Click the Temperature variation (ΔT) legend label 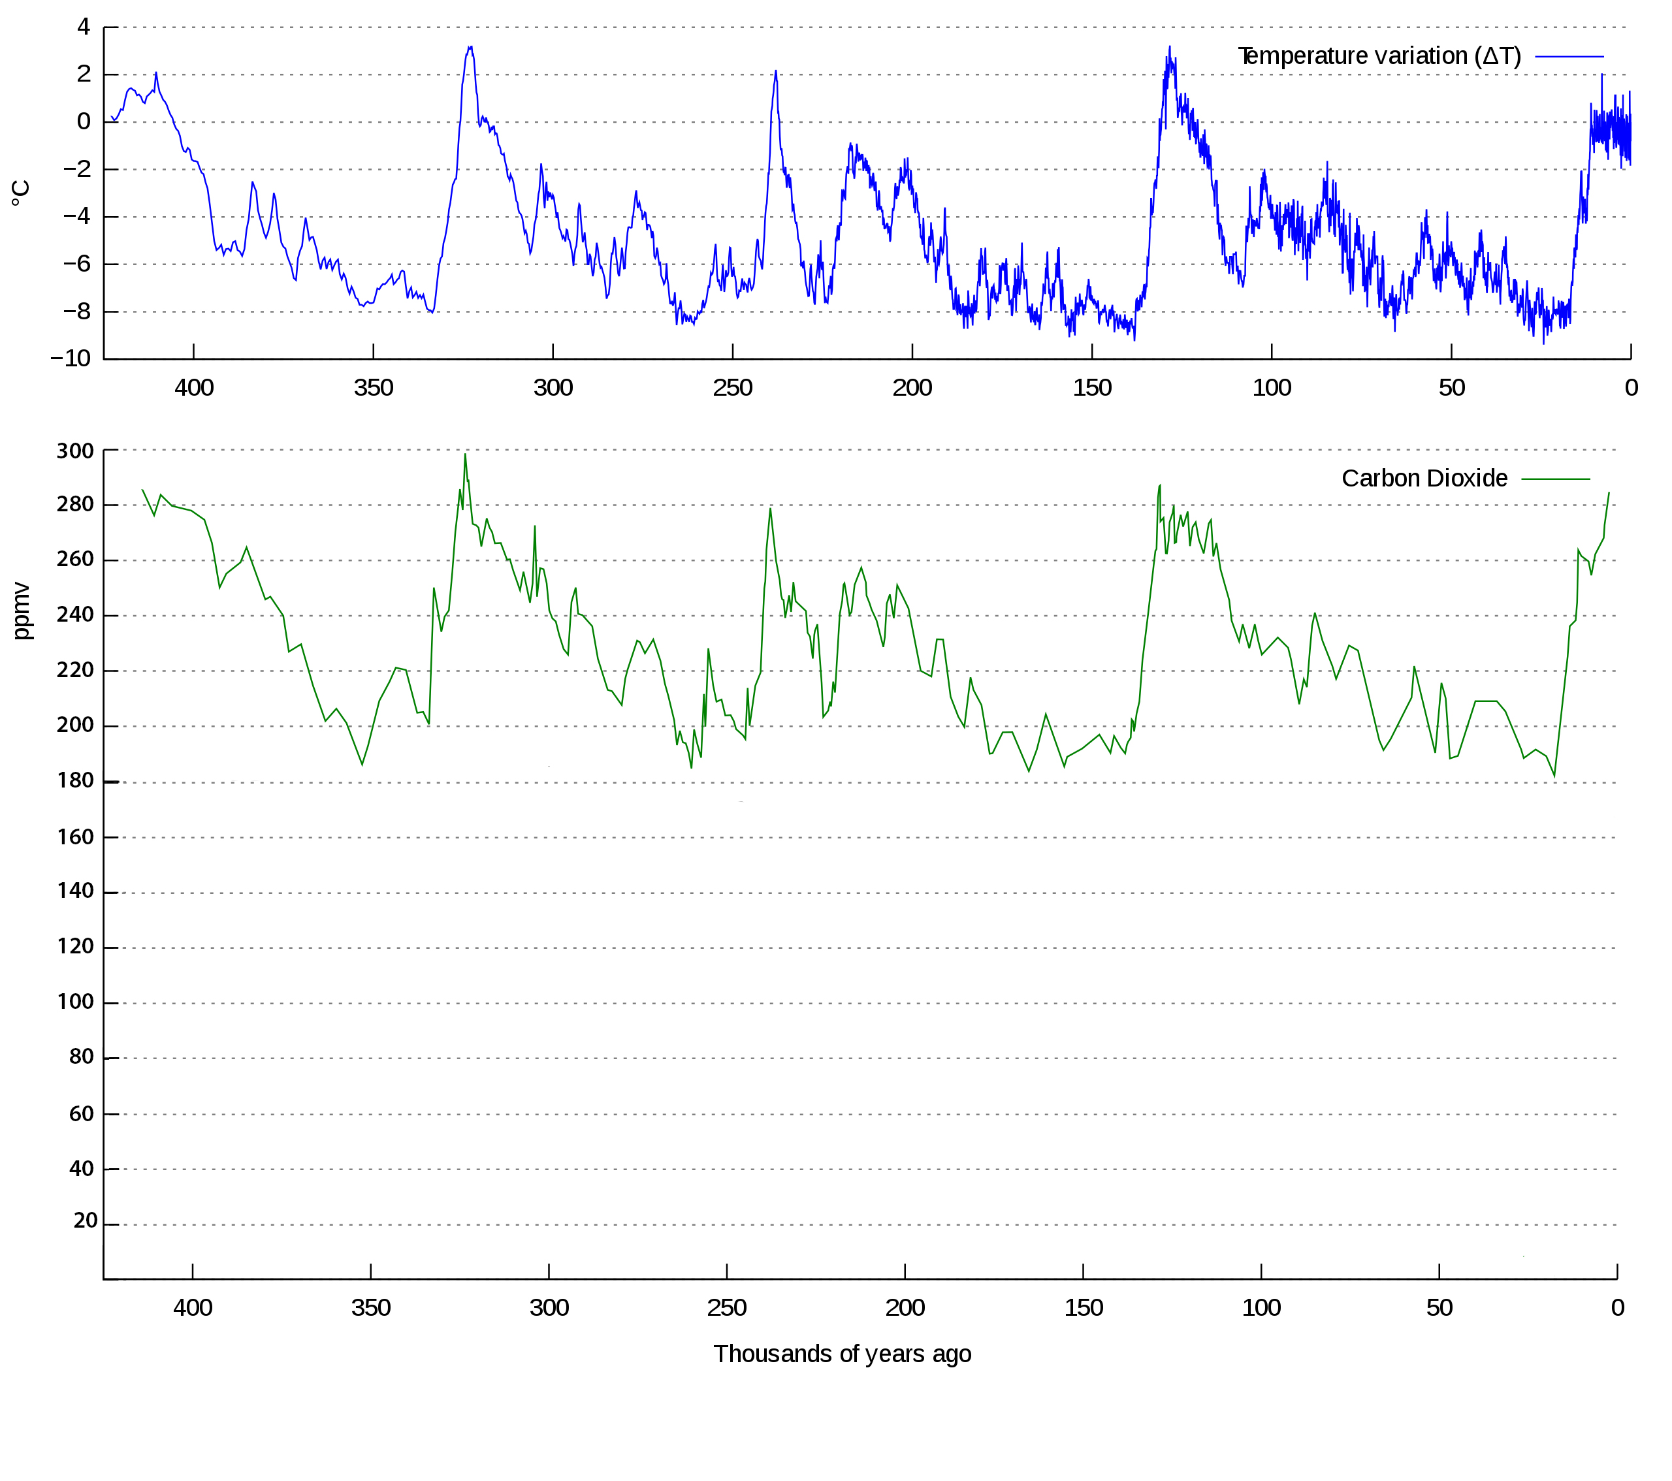tap(1379, 56)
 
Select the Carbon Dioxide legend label tap(1424, 479)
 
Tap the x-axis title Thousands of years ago tap(842, 1354)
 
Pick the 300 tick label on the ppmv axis tap(75, 451)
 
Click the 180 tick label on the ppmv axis tap(75, 781)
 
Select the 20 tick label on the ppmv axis tap(85, 1221)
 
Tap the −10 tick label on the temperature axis tap(71, 358)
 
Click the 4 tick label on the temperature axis tap(84, 27)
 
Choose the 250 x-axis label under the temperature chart tap(732, 388)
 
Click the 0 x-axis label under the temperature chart tap(1631, 388)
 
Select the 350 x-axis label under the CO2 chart tap(370, 1308)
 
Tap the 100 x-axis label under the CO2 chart tap(1261, 1308)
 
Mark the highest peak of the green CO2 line tap(466, 454)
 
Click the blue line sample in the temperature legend tap(1569, 56)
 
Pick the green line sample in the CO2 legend tap(1556, 479)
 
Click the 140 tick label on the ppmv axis tap(75, 891)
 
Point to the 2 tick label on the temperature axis tap(84, 74)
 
